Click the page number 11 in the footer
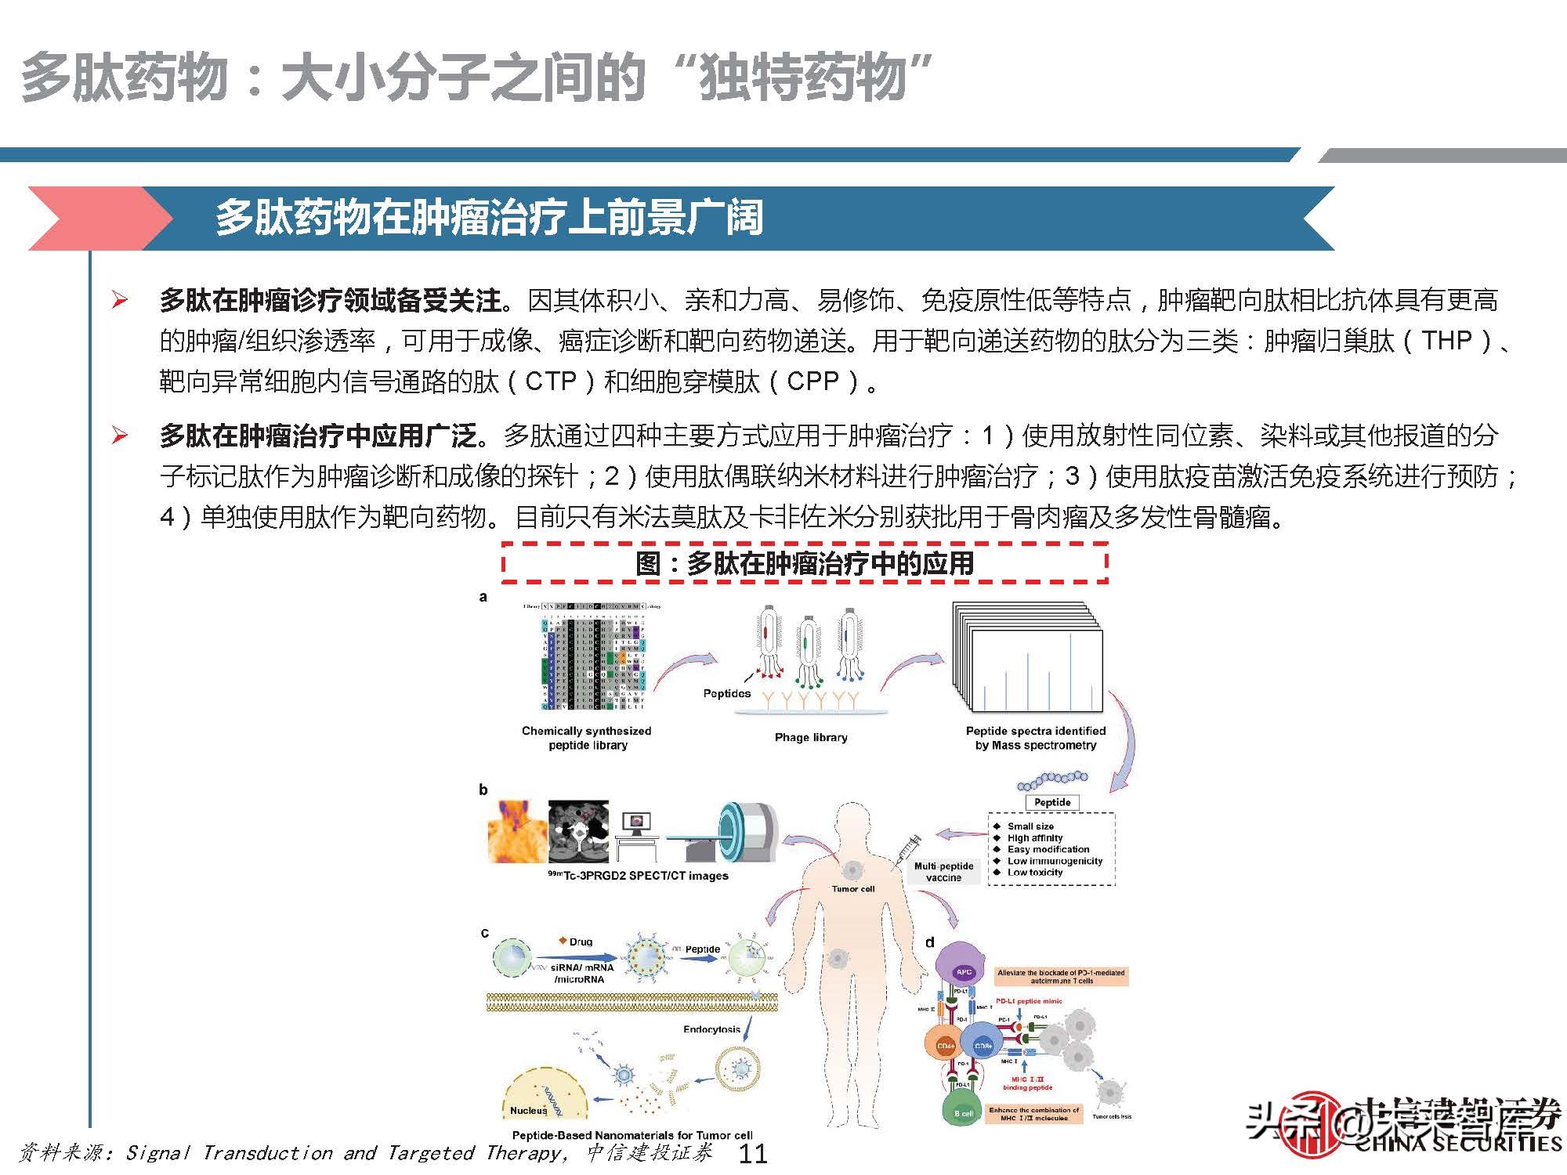[x=753, y=1153]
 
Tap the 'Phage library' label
[x=811, y=737]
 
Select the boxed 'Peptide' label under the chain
[x=1051, y=802]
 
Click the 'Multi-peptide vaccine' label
[x=943, y=872]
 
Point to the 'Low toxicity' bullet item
[x=1034, y=872]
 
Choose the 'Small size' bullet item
[x=1030, y=826]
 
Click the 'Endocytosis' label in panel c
[x=711, y=1029]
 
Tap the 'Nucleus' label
[x=528, y=1110]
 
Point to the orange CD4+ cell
[x=946, y=1046]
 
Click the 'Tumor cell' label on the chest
[x=852, y=889]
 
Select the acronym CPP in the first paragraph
[x=812, y=381]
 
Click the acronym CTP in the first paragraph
[x=551, y=381]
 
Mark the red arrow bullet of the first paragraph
[x=120, y=299]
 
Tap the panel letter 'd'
[x=930, y=942]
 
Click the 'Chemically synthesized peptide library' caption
[x=587, y=738]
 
